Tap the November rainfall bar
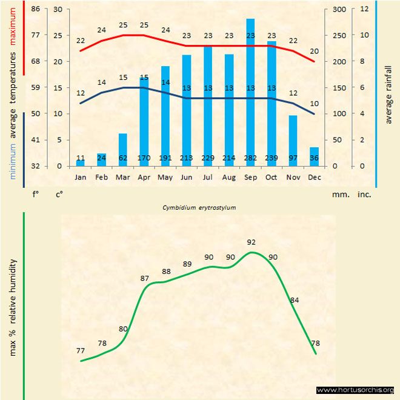coord(292,136)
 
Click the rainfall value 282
coord(250,158)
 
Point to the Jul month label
coord(208,178)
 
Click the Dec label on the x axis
coord(314,178)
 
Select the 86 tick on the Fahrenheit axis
coord(35,9)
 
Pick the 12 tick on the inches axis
coord(364,9)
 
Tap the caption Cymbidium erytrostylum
coord(199,207)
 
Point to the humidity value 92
coord(252,242)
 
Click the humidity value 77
coord(81,351)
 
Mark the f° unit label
coord(35,195)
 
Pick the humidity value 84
coord(295,300)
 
